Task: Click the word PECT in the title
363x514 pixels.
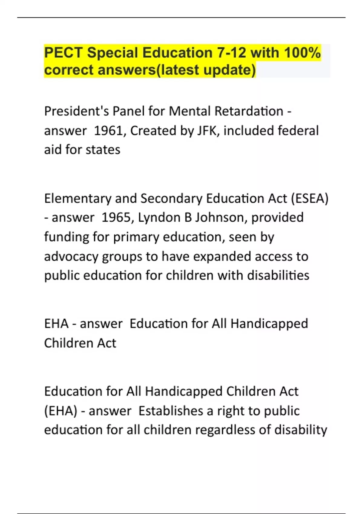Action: point(63,53)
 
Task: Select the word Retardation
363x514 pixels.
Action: point(249,111)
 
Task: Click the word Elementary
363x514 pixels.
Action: point(77,199)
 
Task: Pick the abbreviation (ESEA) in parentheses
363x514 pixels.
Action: point(309,199)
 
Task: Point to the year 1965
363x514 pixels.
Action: point(116,218)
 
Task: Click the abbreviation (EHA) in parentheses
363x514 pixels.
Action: point(60,411)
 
